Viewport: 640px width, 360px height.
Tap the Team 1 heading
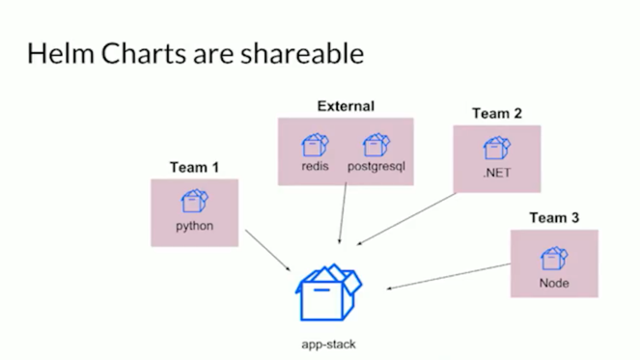(194, 167)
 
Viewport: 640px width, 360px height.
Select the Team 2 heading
(496, 113)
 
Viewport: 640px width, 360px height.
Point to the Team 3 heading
(553, 218)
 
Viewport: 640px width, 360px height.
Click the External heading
(346, 105)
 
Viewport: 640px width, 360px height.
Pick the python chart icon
(194, 202)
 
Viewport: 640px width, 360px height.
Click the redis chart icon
(315, 145)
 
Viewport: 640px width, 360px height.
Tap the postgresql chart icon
(376, 145)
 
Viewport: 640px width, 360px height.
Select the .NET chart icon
(496, 148)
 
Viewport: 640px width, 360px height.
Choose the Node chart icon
(554, 258)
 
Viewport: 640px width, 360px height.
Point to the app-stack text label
(328, 344)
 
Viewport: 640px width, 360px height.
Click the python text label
(194, 227)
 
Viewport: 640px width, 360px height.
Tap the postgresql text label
(376, 165)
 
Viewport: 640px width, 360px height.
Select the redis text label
(315, 165)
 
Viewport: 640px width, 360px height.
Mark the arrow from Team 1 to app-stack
(269, 250)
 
